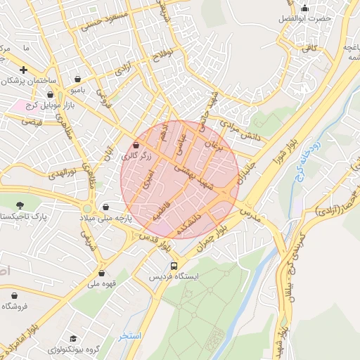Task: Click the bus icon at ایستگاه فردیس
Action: click(174, 266)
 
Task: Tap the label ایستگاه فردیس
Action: click(174, 277)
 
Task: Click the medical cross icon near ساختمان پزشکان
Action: click(24, 70)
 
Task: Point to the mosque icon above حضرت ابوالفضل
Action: click(304, 8)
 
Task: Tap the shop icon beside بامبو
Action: click(77, 79)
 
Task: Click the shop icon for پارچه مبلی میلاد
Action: click(105, 207)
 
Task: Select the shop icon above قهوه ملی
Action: click(102, 274)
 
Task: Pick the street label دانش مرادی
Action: click(240, 130)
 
